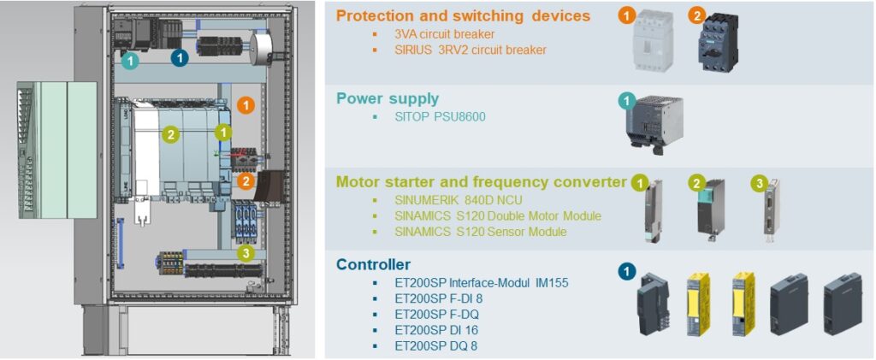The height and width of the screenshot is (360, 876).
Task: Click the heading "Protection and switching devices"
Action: [x=463, y=15]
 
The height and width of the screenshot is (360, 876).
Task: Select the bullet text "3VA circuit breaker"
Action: [x=445, y=34]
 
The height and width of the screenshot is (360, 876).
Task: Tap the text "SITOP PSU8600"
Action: [x=440, y=116]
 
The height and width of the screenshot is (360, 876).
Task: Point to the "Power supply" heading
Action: [x=387, y=98]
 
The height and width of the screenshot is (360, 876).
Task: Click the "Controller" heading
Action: [x=373, y=264]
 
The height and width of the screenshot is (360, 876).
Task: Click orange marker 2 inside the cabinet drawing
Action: [x=246, y=180]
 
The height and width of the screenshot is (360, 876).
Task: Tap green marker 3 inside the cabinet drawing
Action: [x=246, y=252]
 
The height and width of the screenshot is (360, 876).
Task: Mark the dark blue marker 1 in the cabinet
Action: [x=180, y=57]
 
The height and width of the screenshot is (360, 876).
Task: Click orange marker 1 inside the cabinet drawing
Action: [x=246, y=105]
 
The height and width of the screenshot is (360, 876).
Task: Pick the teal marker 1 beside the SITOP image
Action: [x=627, y=101]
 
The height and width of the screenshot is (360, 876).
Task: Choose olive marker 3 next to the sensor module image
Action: [x=758, y=183]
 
